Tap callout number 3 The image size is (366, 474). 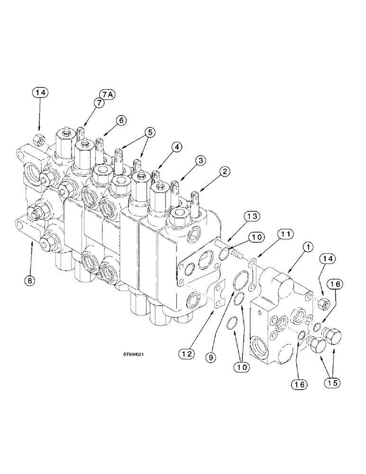tap(201, 161)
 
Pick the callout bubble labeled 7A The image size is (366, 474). tap(107, 95)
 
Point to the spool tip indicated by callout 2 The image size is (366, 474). tap(194, 197)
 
